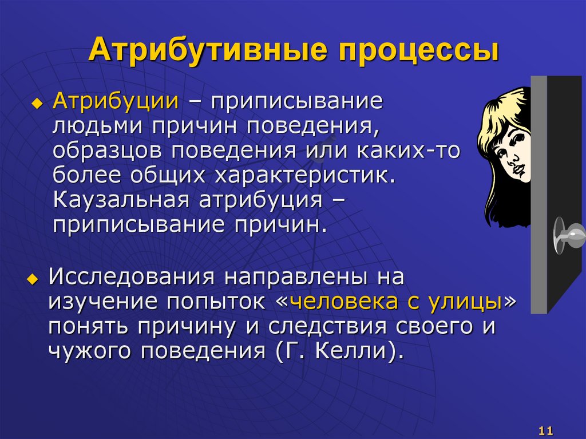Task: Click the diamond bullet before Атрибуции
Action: coord(37,103)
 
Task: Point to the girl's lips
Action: coord(517,171)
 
